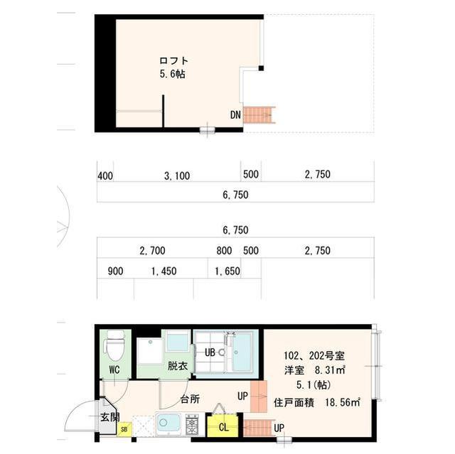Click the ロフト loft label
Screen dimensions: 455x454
(173, 60)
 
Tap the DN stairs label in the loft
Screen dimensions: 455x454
(235, 115)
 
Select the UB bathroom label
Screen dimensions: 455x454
(210, 352)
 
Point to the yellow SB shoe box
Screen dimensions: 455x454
(124, 429)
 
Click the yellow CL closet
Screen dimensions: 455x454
(223, 427)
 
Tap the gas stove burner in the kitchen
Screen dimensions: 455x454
(192, 425)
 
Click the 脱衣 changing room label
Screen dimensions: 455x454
(177, 366)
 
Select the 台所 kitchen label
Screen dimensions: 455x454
(190, 399)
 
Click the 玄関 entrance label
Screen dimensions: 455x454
(110, 417)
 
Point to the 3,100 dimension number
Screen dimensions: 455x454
(177, 175)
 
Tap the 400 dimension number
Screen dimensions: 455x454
(105, 175)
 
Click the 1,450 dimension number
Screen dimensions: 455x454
(164, 271)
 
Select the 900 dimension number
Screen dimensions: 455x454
(115, 271)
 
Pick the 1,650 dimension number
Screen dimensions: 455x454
(227, 271)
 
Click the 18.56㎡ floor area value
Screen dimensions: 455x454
(343, 402)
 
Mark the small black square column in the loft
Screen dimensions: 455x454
(261, 68)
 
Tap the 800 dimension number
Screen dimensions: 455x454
(224, 251)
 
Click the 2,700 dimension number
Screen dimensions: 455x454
(152, 251)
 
